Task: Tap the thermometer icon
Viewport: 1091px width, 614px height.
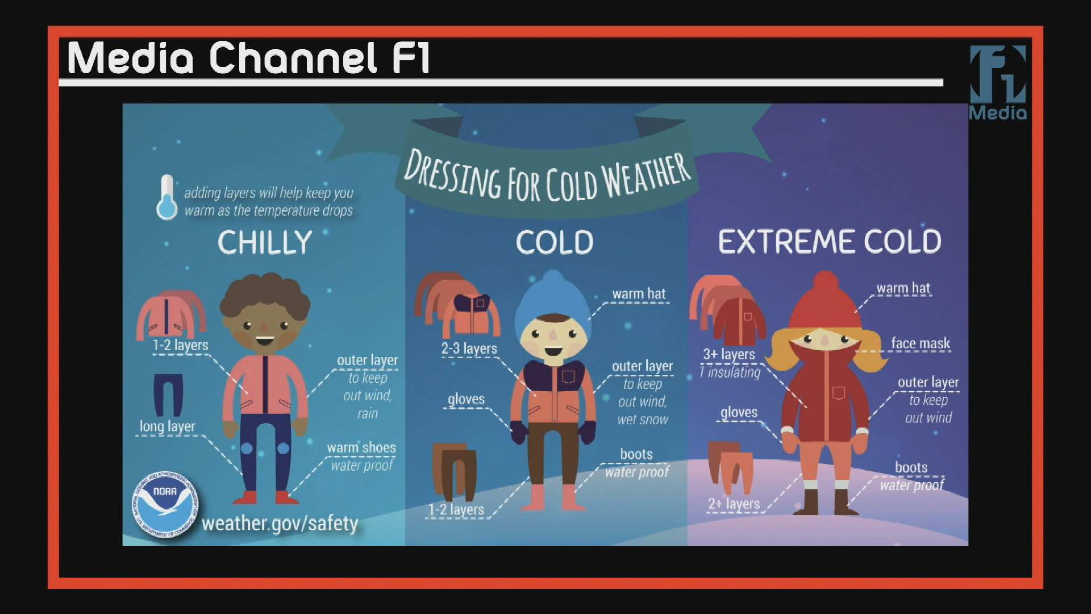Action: pyautogui.click(x=166, y=198)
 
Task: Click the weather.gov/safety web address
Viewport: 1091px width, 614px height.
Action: pyautogui.click(x=280, y=523)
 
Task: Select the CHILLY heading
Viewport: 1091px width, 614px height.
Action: pyautogui.click(x=265, y=242)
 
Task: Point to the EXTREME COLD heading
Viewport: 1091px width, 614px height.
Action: pyautogui.click(x=830, y=242)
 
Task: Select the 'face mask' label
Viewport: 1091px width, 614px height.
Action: pyautogui.click(x=920, y=343)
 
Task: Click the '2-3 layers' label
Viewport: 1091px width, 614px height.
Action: pyautogui.click(x=469, y=349)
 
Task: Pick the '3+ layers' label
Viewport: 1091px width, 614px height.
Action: pyautogui.click(x=729, y=354)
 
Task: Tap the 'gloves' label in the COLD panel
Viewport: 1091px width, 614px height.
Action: pyautogui.click(x=466, y=399)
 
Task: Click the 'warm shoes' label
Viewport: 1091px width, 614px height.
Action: pyautogui.click(x=361, y=448)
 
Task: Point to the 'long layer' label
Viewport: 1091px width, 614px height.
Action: pyautogui.click(x=167, y=426)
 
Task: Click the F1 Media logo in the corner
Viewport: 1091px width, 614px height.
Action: pyautogui.click(x=998, y=82)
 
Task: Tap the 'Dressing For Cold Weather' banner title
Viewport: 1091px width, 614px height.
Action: pyautogui.click(x=547, y=176)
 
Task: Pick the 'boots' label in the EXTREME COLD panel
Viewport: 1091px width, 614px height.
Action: pyautogui.click(x=911, y=467)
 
